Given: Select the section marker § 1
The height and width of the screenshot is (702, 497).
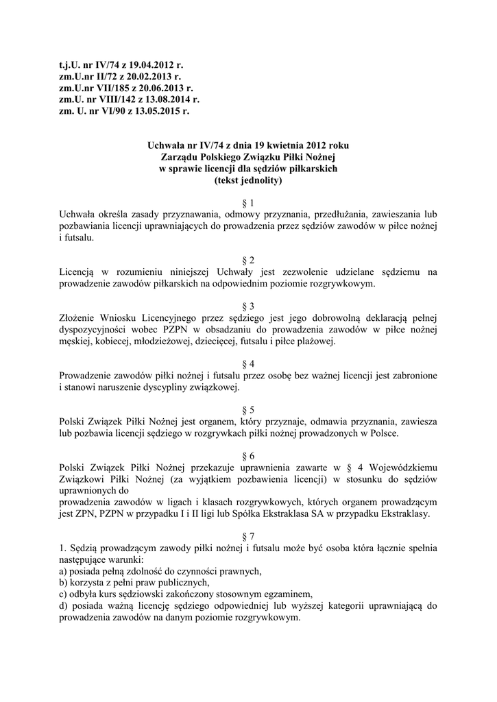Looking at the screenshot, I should pyautogui.click(x=249, y=204).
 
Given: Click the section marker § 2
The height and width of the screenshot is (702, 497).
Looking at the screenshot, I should pyautogui.click(x=249, y=260).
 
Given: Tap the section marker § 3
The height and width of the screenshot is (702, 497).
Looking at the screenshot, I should pyautogui.click(x=249, y=305).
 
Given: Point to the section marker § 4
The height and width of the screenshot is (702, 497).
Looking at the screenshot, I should pyautogui.click(x=249, y=363).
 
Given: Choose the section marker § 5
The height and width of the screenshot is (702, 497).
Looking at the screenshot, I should pyautogui.click(x=249, y=409).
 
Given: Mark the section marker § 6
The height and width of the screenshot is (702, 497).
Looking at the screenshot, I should pyautogui.click(x=249, y=455).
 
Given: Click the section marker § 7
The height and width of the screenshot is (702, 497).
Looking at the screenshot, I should pyautogui.click(x=249, y=534).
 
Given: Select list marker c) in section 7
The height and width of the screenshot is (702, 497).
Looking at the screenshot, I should pyautogui.click(x=64, y=594).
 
